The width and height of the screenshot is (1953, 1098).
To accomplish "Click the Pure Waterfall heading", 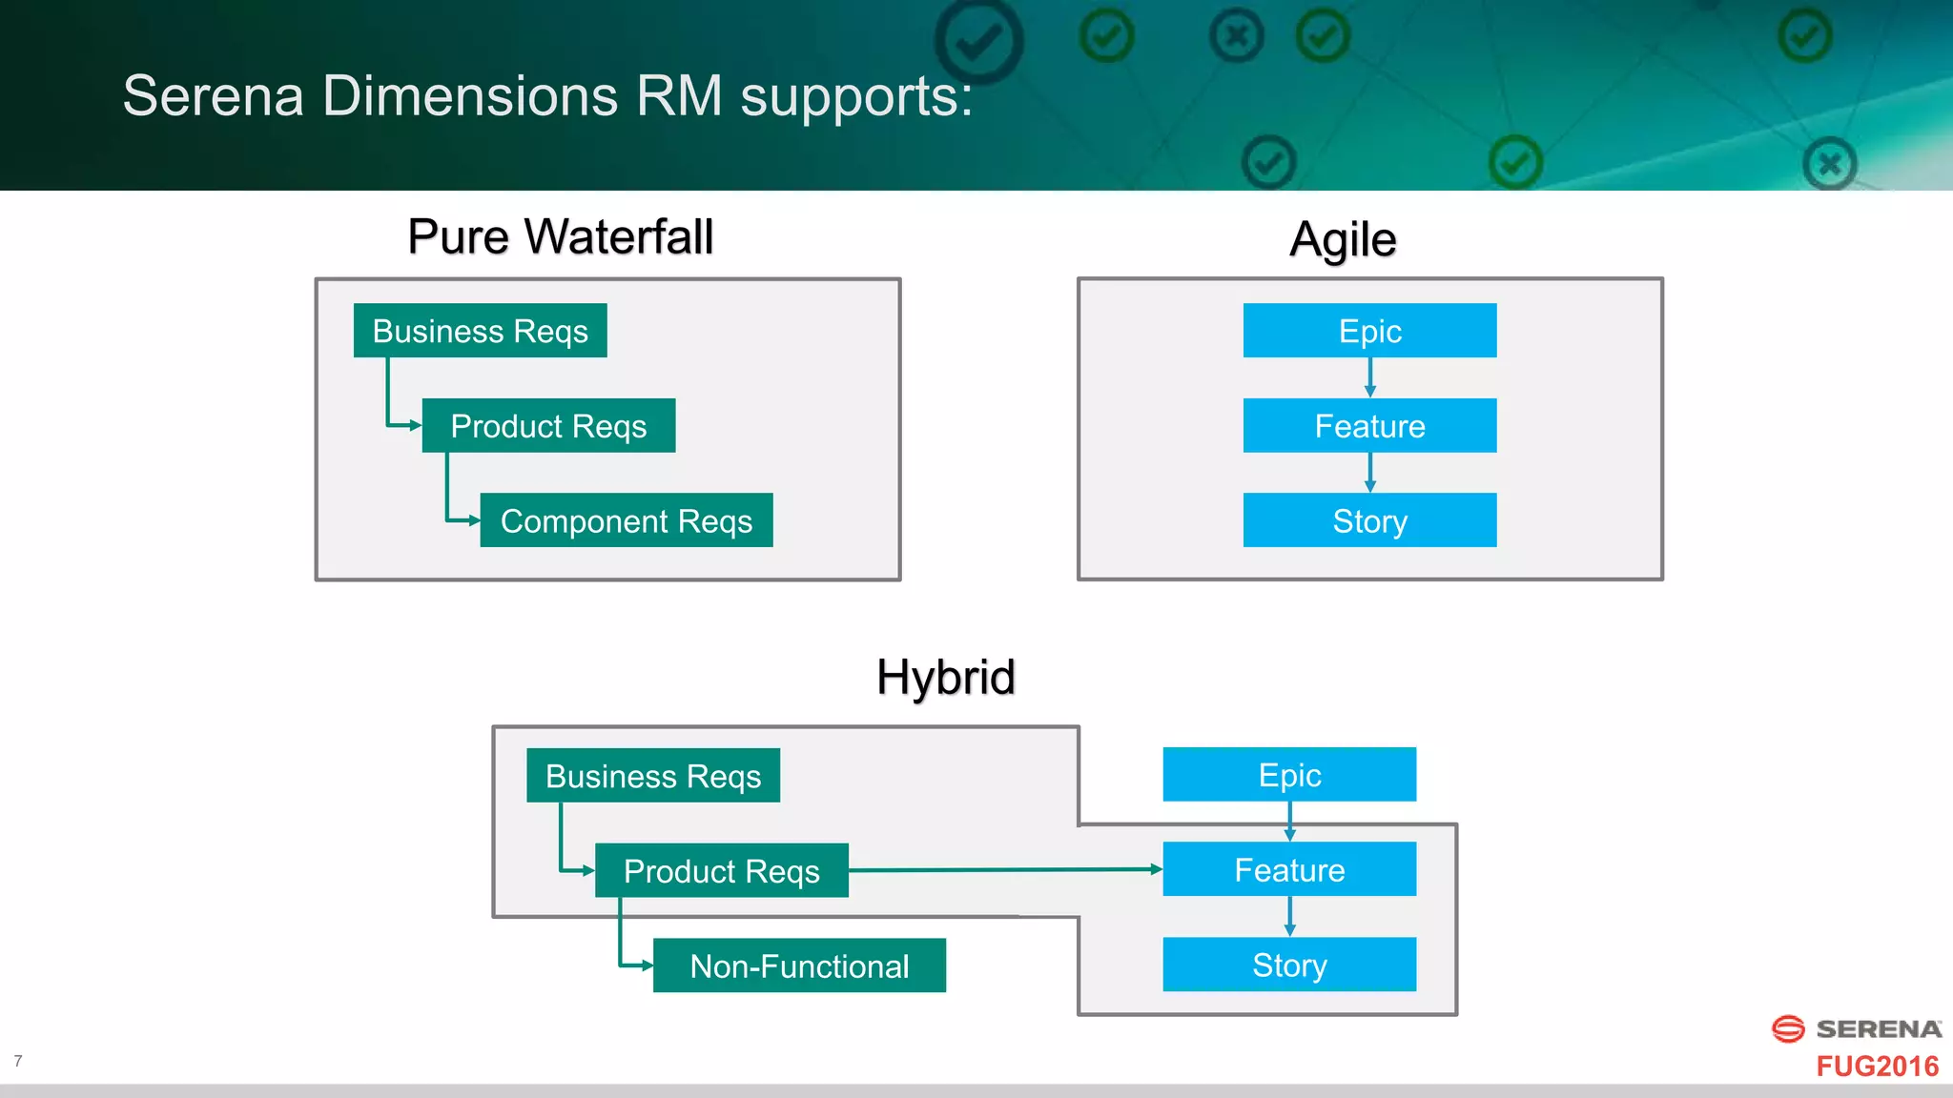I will [x=560, y=236].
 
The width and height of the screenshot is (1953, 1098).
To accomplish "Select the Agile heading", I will [x=1343, y=239].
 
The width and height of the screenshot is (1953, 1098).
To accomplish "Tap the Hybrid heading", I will [x=945, y=678].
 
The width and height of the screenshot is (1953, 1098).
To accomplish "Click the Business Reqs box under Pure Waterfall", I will [x=480, y=331].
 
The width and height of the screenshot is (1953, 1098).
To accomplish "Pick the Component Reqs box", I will [x=626, y=520].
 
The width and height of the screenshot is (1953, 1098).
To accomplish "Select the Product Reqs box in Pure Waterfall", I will [x=548, y=426].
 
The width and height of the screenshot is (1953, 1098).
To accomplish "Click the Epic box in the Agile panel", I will [x=1369, y=331].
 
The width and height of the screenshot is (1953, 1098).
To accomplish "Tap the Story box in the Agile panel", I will [x=1369, y=520].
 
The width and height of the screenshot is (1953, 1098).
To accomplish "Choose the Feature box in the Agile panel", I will [x=1369, y=426].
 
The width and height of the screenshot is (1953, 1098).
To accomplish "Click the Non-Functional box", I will [x=799, y=966].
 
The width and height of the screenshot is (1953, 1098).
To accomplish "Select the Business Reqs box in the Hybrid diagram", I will [x=653, y=776].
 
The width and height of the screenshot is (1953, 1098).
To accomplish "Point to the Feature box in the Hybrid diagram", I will [x=1289, y=869].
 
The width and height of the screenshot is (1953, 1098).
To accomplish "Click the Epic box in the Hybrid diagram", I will [x=1289, y=775].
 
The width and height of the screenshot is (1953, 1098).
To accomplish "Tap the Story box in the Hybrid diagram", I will [x=1289, y=965].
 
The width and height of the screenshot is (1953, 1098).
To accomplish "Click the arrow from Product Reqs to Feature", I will [x=1001, y=869].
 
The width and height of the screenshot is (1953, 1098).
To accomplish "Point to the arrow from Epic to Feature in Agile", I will [x=1369, y=377].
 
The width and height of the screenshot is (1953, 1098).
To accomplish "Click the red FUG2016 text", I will [x=1877, y=1066].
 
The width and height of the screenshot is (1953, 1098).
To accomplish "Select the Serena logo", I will [x=1856, y=1028].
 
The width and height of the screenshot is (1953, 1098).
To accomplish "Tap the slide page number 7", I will [x=18, y=1061].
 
